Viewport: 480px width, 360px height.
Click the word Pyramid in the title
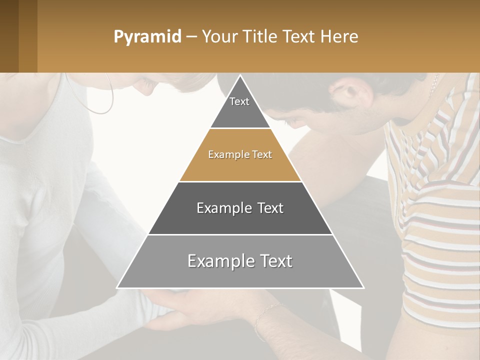[147, 37]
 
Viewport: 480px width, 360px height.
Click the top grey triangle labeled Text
[240, 107]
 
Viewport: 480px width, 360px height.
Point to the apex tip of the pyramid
[240, 76]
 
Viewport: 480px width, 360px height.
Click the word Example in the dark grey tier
[218, 208]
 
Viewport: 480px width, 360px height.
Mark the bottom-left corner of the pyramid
[117, 287]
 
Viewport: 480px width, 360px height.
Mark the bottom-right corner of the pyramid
[363, 287]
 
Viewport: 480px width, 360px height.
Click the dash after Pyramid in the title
[191, 37]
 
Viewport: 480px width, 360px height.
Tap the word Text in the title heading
[298, 37]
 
